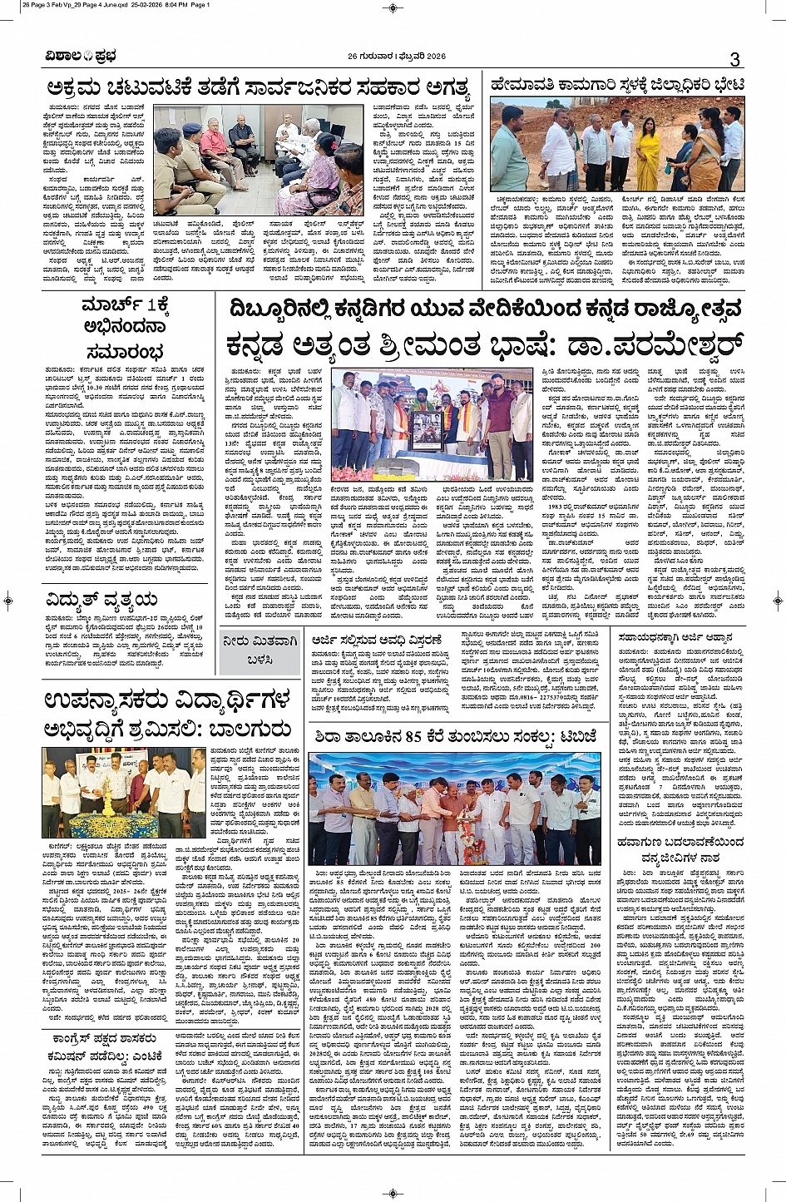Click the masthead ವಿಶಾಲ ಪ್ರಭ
point(81,57)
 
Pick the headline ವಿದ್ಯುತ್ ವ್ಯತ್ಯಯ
point(102,600)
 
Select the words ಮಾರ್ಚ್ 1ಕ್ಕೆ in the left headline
point(125,307)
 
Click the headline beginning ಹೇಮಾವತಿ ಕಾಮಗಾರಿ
point(617,85)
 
